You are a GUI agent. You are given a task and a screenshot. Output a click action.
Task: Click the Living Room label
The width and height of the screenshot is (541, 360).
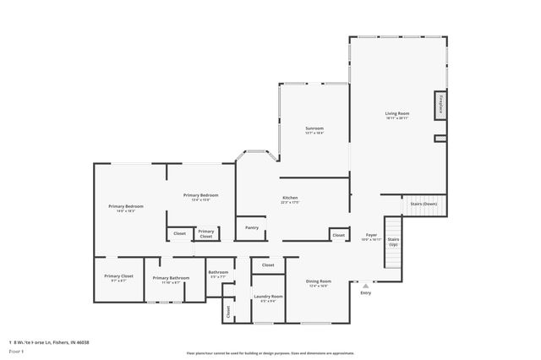[397, 113]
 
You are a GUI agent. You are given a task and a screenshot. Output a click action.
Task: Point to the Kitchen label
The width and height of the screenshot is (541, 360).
[290, 198]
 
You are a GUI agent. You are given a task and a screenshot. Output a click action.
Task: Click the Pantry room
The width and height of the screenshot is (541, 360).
[252, 227]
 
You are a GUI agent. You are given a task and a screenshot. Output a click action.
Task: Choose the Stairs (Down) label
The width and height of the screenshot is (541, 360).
[424, 205]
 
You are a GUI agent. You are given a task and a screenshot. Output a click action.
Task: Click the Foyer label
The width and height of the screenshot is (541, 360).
[370, 235]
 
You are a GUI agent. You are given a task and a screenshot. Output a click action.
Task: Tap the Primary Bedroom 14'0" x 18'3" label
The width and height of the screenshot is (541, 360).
[126, 207]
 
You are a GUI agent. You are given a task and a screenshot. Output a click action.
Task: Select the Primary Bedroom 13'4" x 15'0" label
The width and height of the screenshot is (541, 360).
[201, 196]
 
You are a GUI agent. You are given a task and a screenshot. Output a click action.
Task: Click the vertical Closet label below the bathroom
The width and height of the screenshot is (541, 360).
[228, 311]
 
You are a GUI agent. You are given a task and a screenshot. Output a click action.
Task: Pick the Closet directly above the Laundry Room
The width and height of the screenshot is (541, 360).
[268, 265]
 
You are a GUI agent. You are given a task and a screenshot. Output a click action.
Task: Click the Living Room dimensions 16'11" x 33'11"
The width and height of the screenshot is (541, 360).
[397, 118]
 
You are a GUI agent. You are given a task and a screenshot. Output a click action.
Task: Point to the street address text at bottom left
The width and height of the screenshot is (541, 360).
[49, 342]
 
